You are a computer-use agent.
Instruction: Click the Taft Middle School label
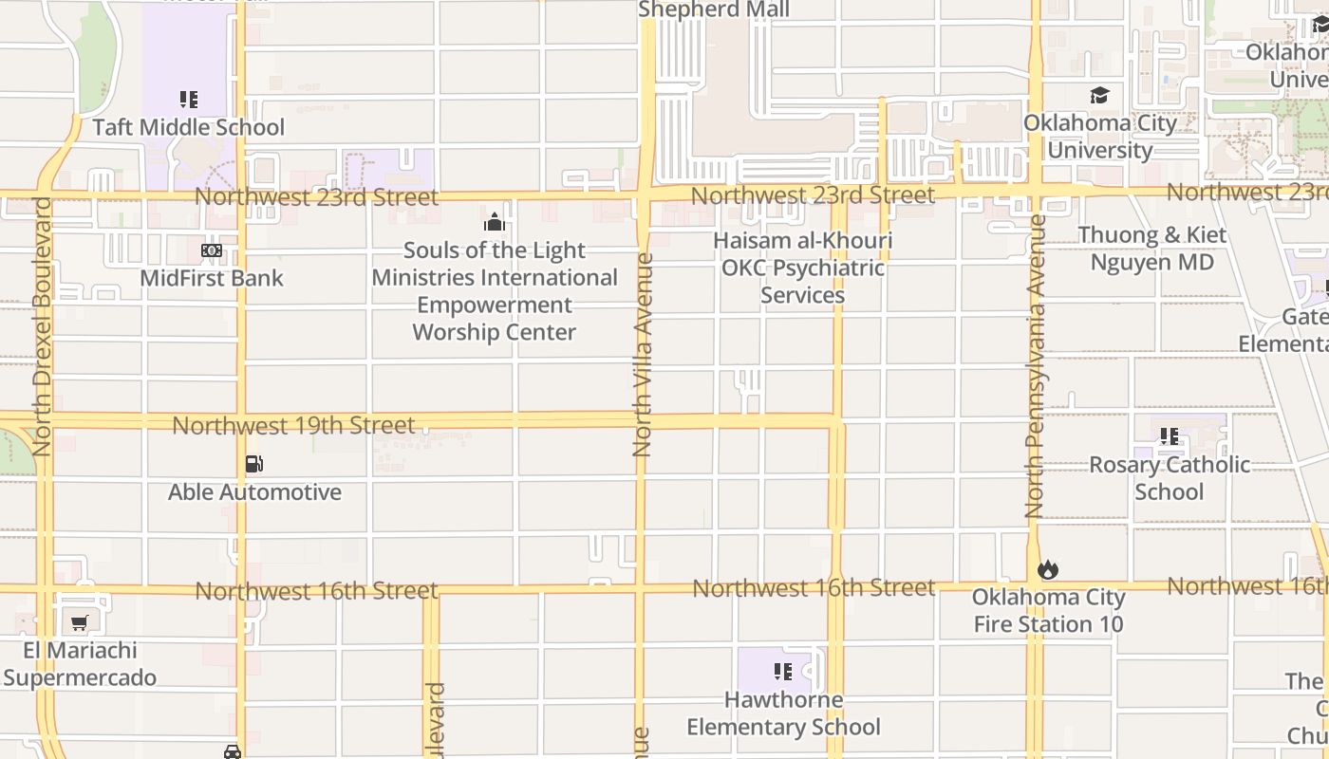[x=188, y=127]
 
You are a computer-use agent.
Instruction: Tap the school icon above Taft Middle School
[x=188, y=99]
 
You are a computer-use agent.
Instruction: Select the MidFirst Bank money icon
[x=212, y=250]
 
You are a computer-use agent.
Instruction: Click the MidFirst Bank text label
[x=212, y=278]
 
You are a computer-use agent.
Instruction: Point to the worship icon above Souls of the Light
[x=494, y=223]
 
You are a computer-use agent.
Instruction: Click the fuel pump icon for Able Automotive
[x=253, y=464]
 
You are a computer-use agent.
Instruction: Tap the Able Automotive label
[x=254, y=491]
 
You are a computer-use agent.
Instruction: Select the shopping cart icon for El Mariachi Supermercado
[x=80, y=623]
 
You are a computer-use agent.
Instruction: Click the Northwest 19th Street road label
[x=293, y=425]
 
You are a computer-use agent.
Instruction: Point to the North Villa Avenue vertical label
[x=643, y=354]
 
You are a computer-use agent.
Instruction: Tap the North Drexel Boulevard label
[x=41, y=325]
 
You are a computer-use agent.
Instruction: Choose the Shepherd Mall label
[x=714, y=9]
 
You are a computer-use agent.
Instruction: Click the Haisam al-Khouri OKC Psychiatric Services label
[x=802, y=268]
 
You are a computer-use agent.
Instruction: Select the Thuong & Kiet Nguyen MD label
[x=1151, y=249]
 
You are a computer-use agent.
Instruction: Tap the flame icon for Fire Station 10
[x=1047, y=569]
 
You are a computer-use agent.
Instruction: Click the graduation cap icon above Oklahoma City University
[x=1099, y=96]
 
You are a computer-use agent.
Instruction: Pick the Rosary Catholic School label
[x=1169, y=477]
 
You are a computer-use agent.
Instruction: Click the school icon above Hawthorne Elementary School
[x=782, y=672]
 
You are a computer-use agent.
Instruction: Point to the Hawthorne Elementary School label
[x=783, y=713]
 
